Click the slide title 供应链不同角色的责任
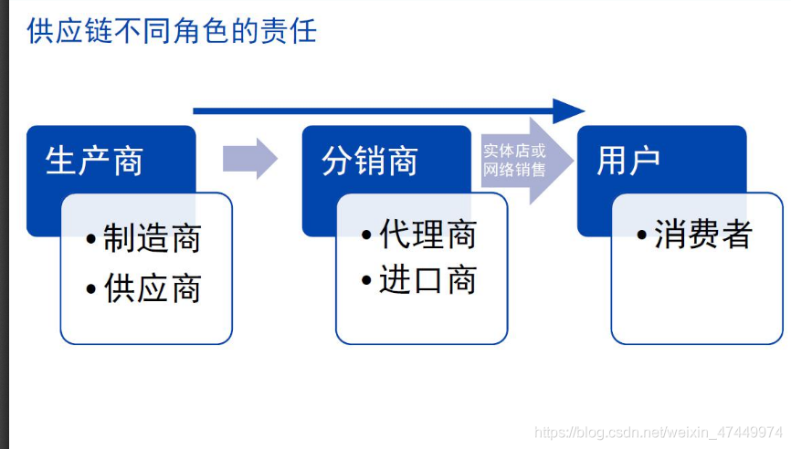[x=172, y=31]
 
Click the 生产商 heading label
[x=95, y=162]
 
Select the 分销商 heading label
[x=370, y=162]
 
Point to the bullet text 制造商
[x=152, y=239]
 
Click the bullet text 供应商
[x=152, y=289]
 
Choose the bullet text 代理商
[x=427, y=235]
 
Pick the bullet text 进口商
[x=427, y=280]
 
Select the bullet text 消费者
[x=703, y=235]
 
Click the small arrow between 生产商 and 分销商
[x=249, y=159]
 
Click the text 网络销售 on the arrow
[x=514, y=170]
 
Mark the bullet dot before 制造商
[x=91, y=240]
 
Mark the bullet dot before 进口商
[x=367, y=280]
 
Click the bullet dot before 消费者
[x=643, y=235]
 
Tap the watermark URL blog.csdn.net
[x=658, y=431]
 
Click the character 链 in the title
[x=98, y=31]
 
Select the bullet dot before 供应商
[x=91, y=290]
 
